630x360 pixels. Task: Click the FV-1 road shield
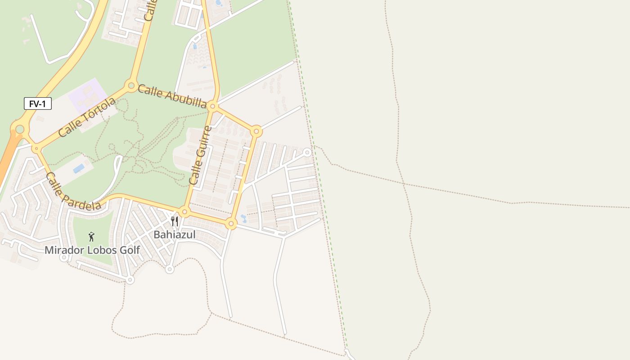(x=38, y=104)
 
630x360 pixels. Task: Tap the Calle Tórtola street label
(x=86, y=117)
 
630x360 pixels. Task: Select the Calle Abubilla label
(x=172, y=96)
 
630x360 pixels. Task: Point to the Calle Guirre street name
(x=200, y=155)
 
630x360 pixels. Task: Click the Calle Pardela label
(x=73, y=192)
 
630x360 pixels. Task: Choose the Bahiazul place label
(x=175, y=234)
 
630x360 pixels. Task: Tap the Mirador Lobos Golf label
(x=92, y=250)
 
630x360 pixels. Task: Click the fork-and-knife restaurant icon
(x=175, y=221)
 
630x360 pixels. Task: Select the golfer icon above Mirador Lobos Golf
(x=91, y=237)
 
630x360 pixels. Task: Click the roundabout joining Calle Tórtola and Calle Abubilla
(x=131, y=85)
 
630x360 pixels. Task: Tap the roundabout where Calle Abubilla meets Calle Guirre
(x=213, y=107)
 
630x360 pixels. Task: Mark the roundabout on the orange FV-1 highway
(x=19, y=130)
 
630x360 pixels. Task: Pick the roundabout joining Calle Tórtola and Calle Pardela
(x=36, y=148)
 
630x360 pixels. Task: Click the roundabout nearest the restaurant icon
(x=184, y=211)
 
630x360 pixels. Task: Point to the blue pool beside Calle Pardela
(x=79, y=168)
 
